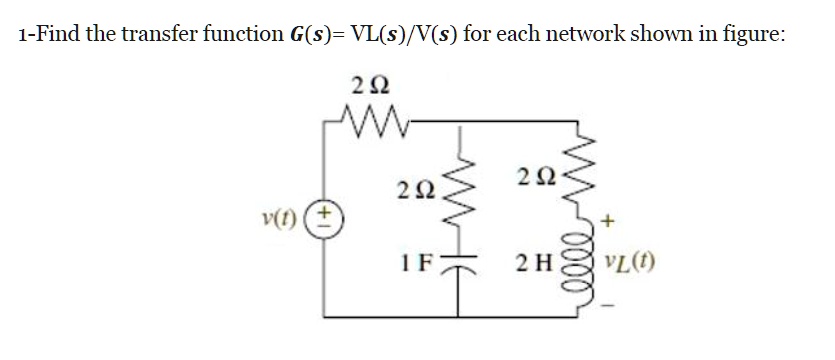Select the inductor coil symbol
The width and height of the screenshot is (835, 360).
coord(575,271)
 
